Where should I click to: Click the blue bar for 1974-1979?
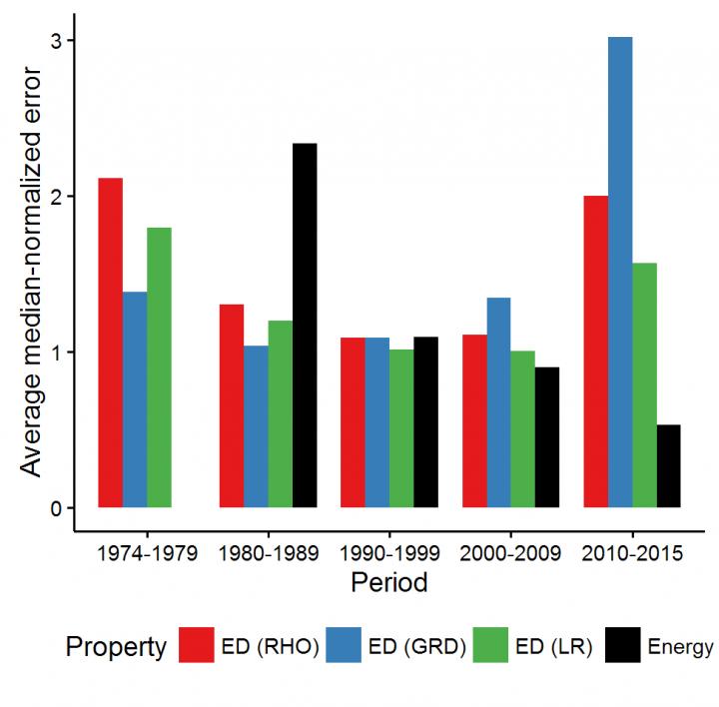tap(135, 399)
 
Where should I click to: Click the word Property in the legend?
tap(116, 647)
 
